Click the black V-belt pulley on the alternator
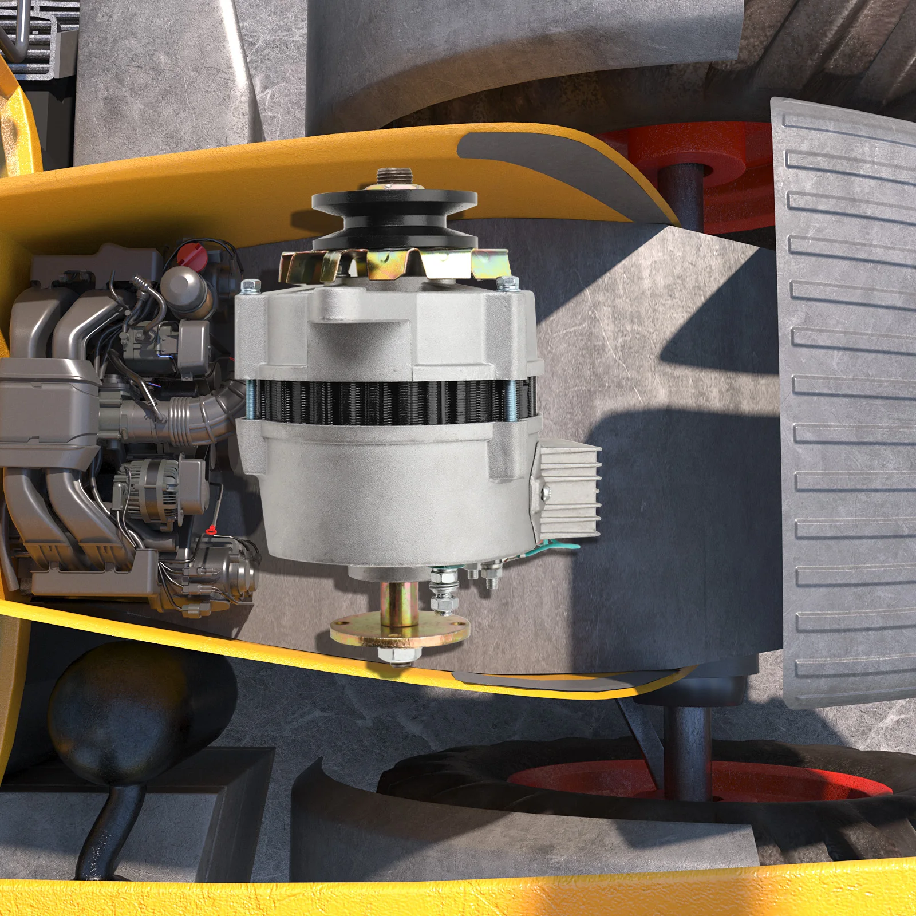click(x=394, y=218)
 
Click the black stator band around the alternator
click(x=389, y=401)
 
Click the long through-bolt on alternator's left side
click(x=250, y=395)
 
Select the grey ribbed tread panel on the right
click(x=847, y=401)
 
